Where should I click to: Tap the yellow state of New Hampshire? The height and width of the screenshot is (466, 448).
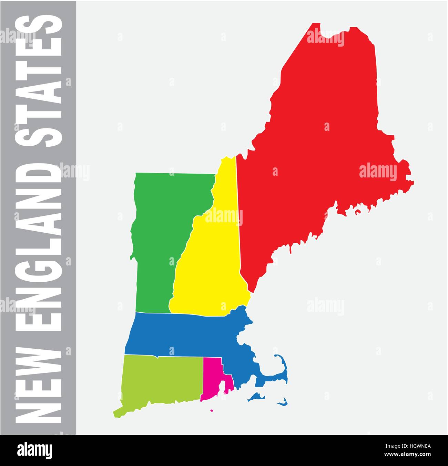click(210, 269)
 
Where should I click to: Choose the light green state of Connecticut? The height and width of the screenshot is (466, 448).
click(162, 380)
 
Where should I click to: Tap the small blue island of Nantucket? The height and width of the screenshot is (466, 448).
click(283, 402)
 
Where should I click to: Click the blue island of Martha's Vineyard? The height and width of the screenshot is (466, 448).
click(256, 397)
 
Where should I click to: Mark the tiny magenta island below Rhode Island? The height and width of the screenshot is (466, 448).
click(211, 410)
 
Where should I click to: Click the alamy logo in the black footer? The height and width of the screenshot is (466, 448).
click(34, 450)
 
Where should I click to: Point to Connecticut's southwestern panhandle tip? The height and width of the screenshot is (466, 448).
click(115, 413)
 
